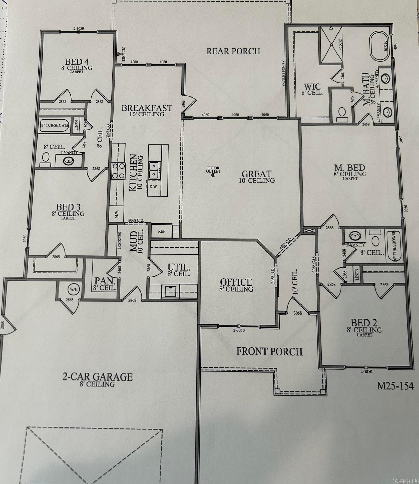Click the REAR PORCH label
click(x=233, y=51)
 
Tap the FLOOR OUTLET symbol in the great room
click(x=213, y=175)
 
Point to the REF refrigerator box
click(x=162, y=231)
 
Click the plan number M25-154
click(x=395, y=386)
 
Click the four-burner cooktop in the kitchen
click(x=118, y=171)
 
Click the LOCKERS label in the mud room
click(x=120, y=240)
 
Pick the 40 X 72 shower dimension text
click(x=341, y=45)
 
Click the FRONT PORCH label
click(x=269, y=352)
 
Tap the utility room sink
click(x=170, y=291)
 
